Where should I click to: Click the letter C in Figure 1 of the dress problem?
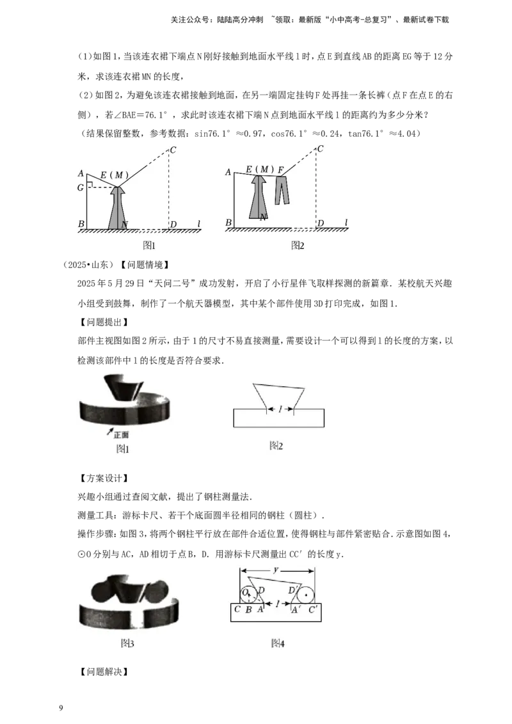(x=173, y=150)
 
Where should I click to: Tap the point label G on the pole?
(x=81, y=187)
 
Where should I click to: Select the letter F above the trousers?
(x=280, y=170)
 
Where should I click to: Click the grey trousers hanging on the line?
(x=282, y=190)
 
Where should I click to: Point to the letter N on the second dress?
(x=263, y=217)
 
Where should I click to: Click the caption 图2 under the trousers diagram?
(x=298, y=245)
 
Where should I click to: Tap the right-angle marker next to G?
(x=91, y=185)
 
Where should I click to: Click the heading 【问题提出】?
(x=104, y=322)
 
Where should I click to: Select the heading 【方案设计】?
(x=104, y=478)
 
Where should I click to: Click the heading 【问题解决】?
(x=104, y=672)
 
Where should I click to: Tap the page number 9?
(x=61, y=708)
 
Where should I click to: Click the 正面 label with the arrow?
(x=119, y=434)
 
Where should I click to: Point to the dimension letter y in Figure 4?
(x=276, y=571)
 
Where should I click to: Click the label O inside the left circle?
(x=245, y=592)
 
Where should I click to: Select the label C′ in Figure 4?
(x=312, y=610)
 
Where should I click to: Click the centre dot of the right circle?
(x=305, y=595)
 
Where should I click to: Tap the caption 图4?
(x=278, y=643)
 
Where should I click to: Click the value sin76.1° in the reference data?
(x=212, y=134)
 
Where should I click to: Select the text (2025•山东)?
(x=88, y=265)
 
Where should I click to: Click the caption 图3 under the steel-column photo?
(x=127, y=643)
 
